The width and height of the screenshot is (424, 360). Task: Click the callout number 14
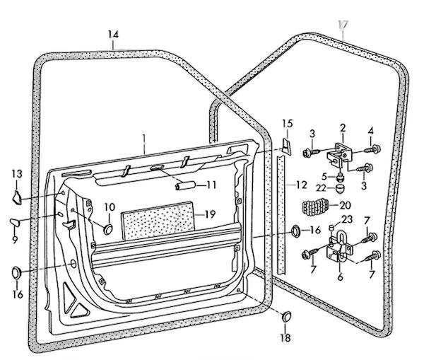114,35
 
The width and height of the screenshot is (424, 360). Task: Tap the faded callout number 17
343,24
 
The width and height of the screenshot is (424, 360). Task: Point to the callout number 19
211,214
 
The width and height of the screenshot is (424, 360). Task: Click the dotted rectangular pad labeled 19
158,221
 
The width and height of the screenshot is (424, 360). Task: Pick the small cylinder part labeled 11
185,186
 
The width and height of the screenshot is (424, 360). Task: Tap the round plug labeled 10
108,229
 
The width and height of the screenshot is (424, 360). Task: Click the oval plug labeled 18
286,317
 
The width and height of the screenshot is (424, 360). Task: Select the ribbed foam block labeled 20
315,207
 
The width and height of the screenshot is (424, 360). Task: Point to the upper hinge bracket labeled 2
338,156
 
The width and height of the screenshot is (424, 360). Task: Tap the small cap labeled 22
340,188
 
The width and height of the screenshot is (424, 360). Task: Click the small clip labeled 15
286,146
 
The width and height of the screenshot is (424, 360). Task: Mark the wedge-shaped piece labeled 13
17,197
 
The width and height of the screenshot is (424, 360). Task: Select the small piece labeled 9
15,223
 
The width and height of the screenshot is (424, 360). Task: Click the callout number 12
302,185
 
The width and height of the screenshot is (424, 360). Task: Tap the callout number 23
347,219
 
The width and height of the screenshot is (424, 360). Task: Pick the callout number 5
324,177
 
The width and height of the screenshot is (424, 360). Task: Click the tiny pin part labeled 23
331,228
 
